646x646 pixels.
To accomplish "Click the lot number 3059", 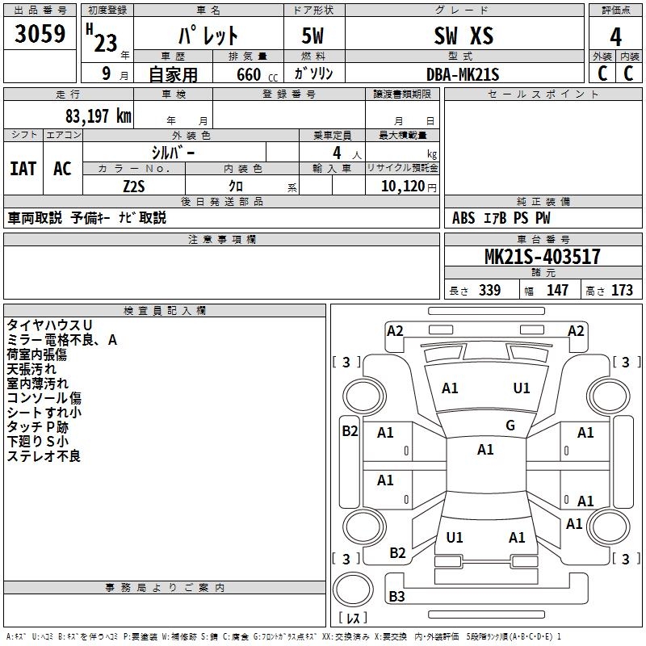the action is point(40,34).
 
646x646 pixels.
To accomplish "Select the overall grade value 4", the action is point(615,37).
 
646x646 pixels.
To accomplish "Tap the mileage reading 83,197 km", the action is point(98,116).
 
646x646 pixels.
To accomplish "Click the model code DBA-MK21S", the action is point(463,74).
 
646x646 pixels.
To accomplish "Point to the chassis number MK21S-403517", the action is point(543,257).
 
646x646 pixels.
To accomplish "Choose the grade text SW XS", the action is point(464,36).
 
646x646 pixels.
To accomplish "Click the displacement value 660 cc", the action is point(257,74).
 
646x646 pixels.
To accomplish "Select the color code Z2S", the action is point(134,187).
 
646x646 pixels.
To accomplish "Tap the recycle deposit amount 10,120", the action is point(403,187).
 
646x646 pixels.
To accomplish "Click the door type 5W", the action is point(313,36).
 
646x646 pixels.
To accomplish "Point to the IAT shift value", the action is point(23,169).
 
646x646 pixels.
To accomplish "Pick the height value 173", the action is point(622,290).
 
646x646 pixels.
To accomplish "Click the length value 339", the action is point(490,290).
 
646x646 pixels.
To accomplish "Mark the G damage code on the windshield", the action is point(510,426).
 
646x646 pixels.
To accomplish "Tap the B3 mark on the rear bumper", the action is point(396,596).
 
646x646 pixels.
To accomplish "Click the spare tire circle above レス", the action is point(353,589).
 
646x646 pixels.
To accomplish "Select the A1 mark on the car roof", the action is point(485,450).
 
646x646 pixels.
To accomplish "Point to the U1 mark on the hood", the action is point(522,388).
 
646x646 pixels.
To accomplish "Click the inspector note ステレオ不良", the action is point(44,456).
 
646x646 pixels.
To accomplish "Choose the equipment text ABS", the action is point(464,218).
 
